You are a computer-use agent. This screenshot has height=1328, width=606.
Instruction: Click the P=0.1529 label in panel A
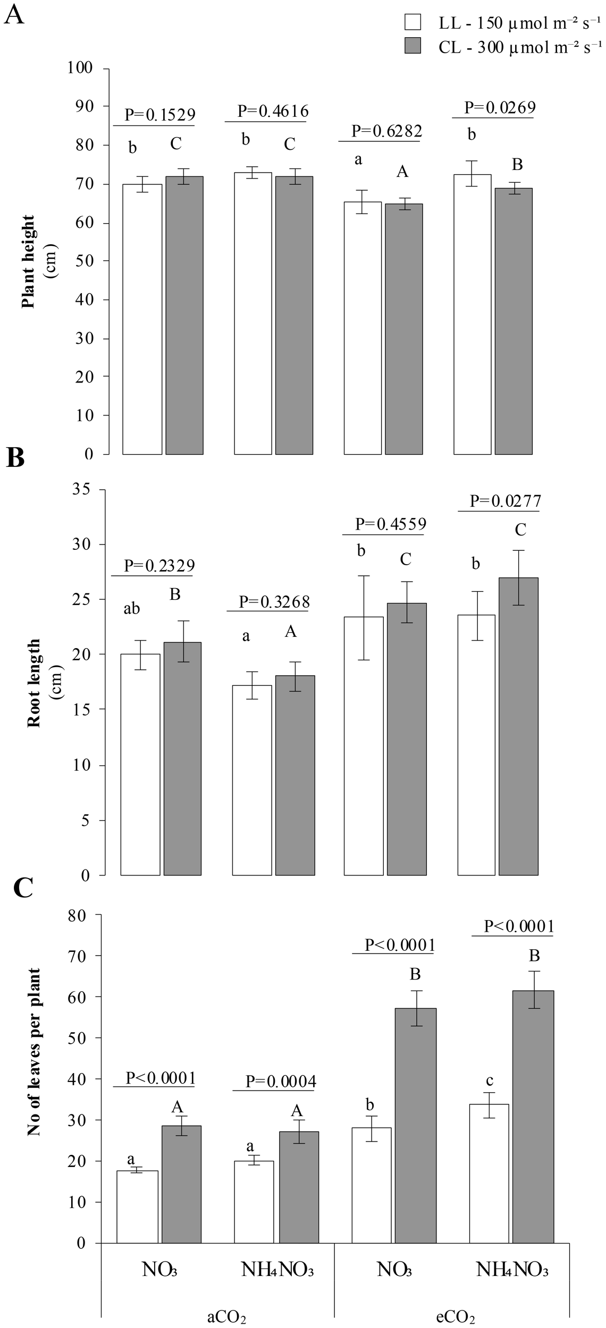coord(159,115)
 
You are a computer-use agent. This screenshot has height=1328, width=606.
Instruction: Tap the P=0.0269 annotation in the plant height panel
coord(500,108)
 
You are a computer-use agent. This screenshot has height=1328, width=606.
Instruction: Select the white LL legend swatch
coord(413,23)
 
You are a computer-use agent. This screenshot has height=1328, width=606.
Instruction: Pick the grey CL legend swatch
coord(413,47)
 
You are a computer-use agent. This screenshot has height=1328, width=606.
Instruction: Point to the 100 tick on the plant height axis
coord(80,68)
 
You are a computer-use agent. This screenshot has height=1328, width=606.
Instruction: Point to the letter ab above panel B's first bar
coord(131,608)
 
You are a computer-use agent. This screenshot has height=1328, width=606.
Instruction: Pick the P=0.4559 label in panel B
coord(390,524)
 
